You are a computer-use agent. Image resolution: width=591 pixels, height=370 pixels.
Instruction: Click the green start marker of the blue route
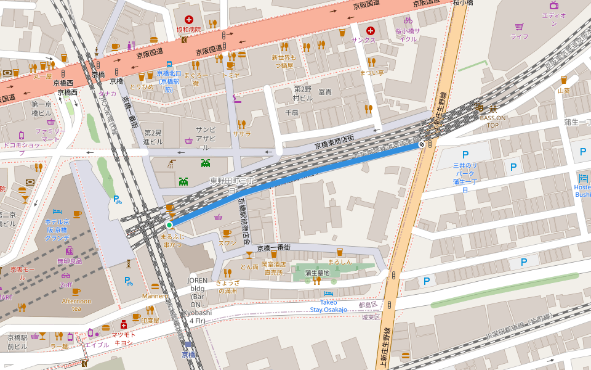(169, 225)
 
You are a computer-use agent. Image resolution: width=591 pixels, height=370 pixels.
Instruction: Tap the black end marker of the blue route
(422, 144)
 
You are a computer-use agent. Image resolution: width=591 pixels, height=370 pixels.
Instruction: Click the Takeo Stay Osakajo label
(328, 306)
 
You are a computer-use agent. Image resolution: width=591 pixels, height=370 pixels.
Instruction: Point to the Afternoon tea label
(76, 305)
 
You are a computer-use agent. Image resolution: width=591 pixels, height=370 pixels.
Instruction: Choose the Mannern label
(155, 296)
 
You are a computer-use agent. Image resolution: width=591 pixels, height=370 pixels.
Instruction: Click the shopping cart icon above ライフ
(519, 27)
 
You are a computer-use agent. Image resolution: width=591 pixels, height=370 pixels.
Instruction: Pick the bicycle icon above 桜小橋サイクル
(408, 20)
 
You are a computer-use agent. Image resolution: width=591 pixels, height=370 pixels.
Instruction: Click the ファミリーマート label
(50, 135)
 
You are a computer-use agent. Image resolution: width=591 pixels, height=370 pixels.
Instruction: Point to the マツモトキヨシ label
(124, 338)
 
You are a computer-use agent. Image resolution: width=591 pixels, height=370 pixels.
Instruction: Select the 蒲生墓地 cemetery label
(318, 273)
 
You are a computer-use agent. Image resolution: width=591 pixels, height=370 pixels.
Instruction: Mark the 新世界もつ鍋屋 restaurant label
(284, 61)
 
